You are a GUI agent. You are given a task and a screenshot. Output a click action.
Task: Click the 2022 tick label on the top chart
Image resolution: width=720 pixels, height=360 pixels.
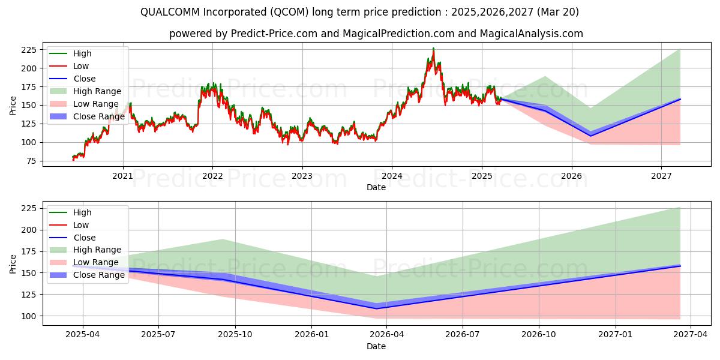[x=212, y=176]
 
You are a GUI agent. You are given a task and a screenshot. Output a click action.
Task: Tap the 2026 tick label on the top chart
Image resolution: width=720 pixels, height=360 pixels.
[x=571, y=176]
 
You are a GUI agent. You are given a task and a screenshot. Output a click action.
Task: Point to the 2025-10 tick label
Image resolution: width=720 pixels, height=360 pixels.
[x=235, y=335]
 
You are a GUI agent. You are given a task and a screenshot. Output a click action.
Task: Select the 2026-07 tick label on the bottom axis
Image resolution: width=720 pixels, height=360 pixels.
[x=463, y=335]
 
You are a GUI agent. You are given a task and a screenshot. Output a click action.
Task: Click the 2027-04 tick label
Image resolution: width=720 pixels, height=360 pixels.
[x=691, y=335]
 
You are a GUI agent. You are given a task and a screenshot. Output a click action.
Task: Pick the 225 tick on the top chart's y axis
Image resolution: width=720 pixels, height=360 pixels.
[x=29, y=50]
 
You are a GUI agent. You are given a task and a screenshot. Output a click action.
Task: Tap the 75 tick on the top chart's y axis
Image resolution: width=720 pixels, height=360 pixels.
[x=31, y=161]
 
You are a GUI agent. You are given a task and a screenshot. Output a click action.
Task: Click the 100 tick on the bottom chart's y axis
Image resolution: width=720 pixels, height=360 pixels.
[x=29, y=316]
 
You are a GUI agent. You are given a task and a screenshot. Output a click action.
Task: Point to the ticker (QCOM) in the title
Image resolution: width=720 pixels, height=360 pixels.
[x=289, y=12]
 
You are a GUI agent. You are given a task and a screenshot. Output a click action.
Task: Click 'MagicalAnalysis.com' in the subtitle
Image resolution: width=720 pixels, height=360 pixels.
[x=532, y=34]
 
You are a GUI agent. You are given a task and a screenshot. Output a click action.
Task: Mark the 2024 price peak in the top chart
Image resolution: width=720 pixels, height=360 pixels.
[x=433, y=49]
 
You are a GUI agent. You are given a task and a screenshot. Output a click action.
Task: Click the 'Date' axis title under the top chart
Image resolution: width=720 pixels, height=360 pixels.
[x=376, y=187]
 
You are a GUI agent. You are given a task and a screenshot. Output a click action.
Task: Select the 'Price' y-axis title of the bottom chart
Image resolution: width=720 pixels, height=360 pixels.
[x=13, y=264]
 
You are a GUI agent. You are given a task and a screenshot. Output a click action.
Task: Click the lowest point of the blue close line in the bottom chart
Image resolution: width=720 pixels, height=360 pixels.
[x=376, y=308]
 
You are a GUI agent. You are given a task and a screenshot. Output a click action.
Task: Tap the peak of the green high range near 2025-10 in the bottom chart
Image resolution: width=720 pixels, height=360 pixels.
[x=223, y=239]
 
